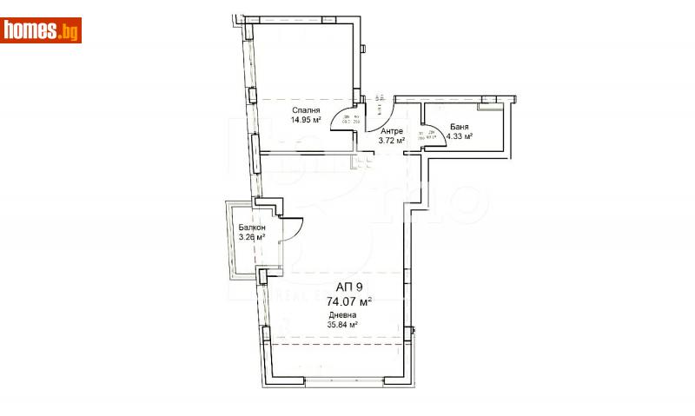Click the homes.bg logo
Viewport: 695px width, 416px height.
coord(42,30)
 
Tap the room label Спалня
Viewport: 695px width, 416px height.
coord(306,110)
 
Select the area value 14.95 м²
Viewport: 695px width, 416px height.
coord(306,121)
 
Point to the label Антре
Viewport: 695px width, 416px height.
coord(392,131)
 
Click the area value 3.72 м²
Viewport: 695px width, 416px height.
coord(392,141)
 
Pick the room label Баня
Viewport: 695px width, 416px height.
coord(460,126)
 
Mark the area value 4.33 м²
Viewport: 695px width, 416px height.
coord(459,136)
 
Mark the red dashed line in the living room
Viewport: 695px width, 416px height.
coord(339,344)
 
